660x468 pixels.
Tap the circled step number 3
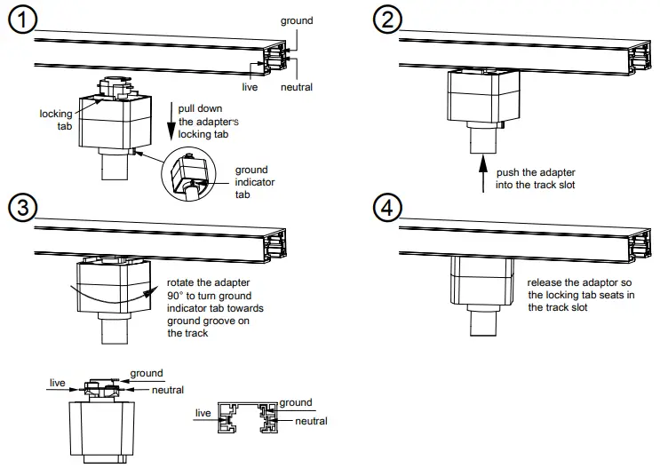(x=21, y=207)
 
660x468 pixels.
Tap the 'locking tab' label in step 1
(x=54, y=120)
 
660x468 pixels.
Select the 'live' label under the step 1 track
(x=250, y=87)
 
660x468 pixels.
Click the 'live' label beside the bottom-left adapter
(x=58, y=383)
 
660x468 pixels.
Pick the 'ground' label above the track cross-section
(x=296, y=402)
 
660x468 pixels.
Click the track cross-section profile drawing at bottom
(x=252, y=420)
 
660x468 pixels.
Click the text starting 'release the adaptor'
(x=580, y=295)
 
